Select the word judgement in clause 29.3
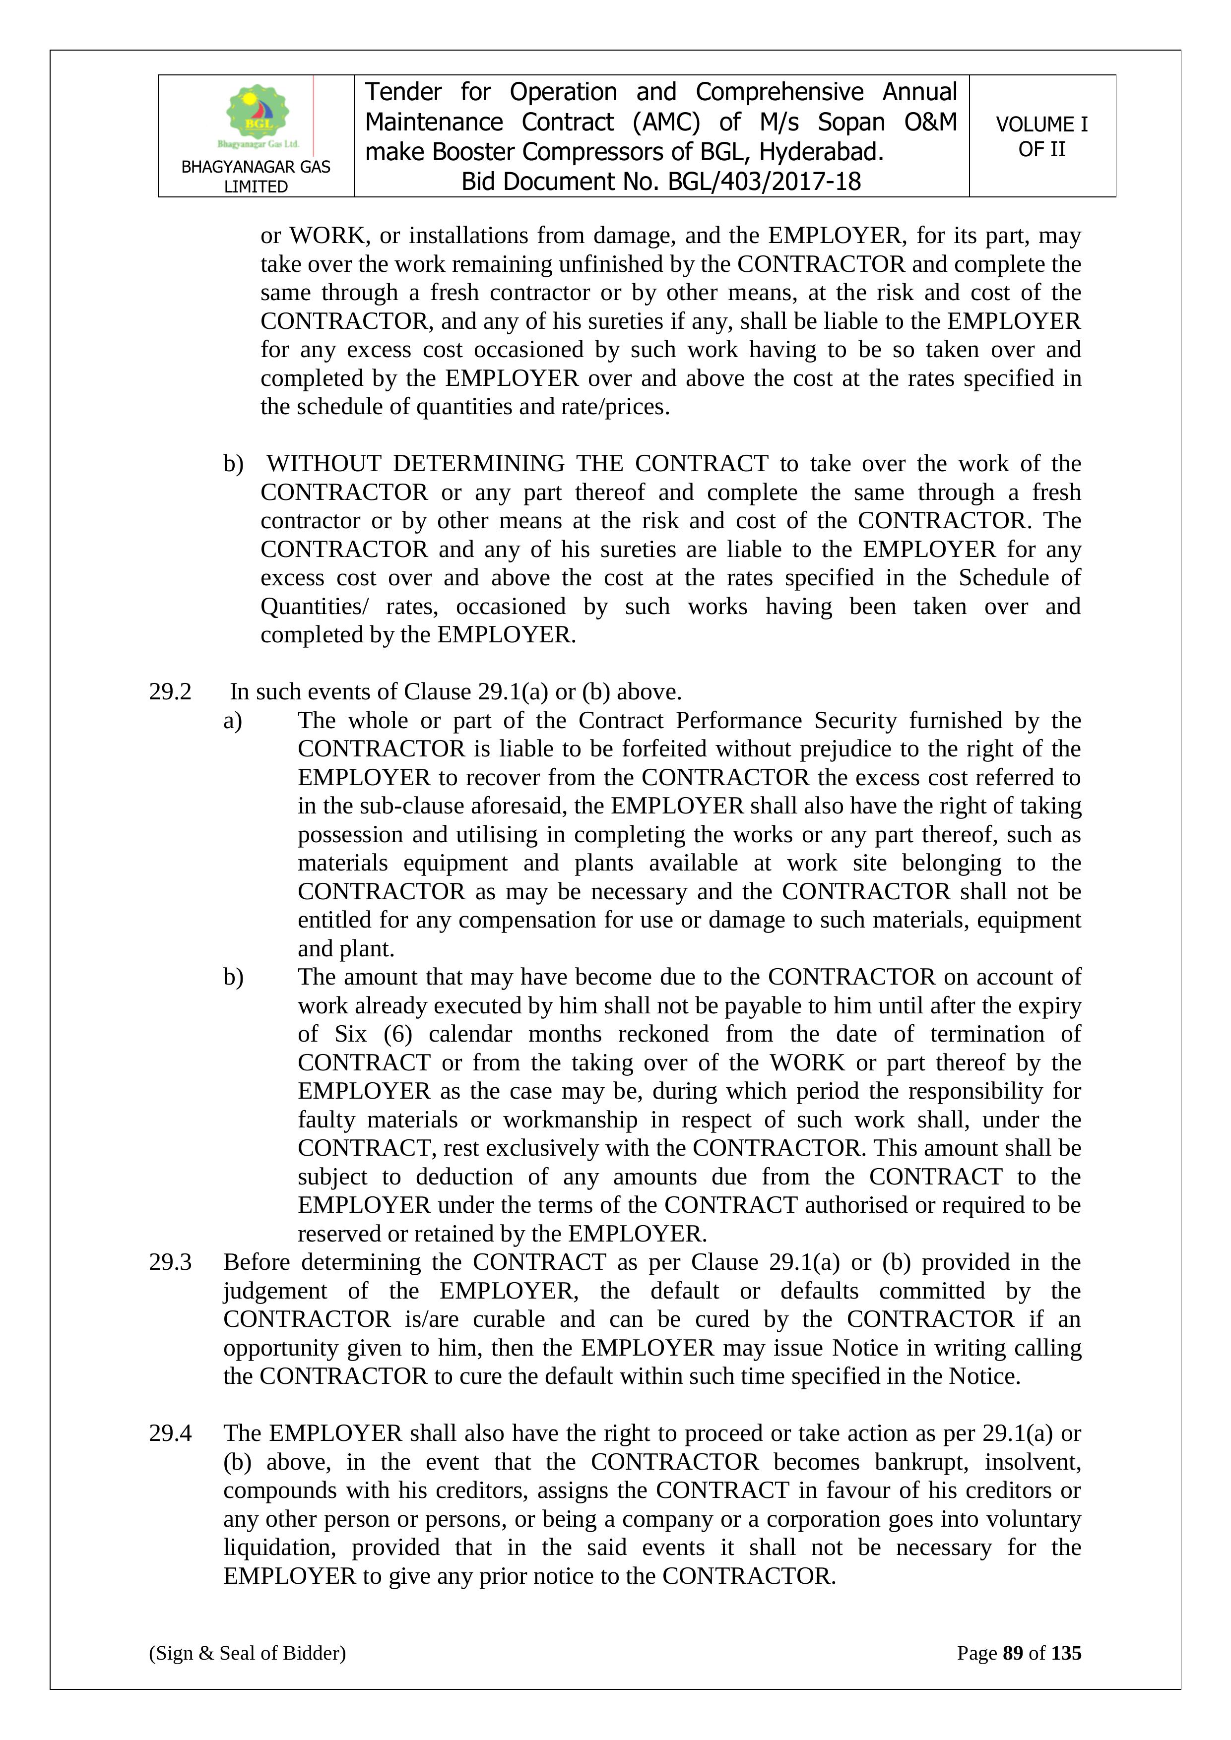pyautogui.click(x=275, y=1291)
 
